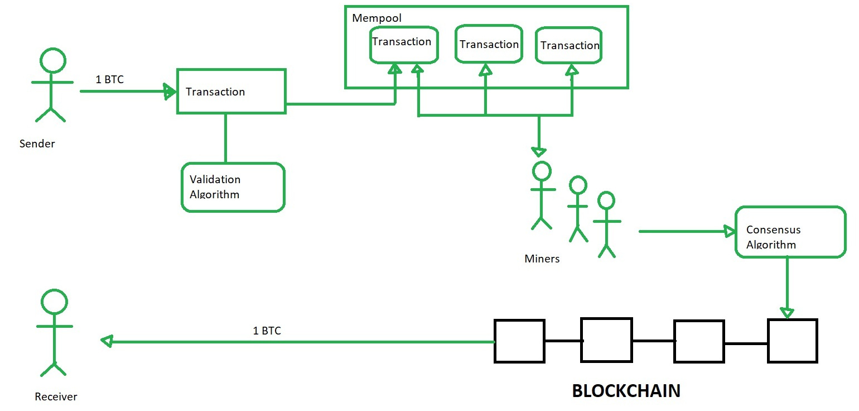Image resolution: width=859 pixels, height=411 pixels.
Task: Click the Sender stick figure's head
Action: (52, 61)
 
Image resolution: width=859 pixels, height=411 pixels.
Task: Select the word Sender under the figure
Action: (37, 144)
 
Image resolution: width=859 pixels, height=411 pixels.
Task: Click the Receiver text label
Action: (56, 397)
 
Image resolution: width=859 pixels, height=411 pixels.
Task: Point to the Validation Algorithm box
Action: (233, 187)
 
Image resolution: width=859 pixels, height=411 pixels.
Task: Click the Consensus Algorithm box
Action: (790, 232)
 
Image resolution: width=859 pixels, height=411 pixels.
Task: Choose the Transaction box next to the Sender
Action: (231, 92)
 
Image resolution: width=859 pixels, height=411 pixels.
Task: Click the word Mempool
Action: (377, 18)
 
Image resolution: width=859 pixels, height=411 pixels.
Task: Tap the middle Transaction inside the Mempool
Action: (489, 44)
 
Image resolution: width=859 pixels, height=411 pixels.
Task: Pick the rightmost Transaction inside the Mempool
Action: (570, 45)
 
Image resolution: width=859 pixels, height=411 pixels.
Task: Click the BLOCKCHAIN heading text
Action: (626, 391)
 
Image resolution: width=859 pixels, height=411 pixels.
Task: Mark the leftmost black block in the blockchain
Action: (519, 341)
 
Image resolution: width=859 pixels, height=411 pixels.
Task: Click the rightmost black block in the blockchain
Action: (792, 341)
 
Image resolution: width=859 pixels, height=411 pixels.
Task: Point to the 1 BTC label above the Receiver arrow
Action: (267, 331)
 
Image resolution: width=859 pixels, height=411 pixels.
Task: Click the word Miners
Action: (542, 259)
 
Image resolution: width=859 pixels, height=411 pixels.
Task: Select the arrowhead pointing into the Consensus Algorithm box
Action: (728, 231)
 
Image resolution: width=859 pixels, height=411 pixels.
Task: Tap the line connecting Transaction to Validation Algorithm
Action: (225, 138)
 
